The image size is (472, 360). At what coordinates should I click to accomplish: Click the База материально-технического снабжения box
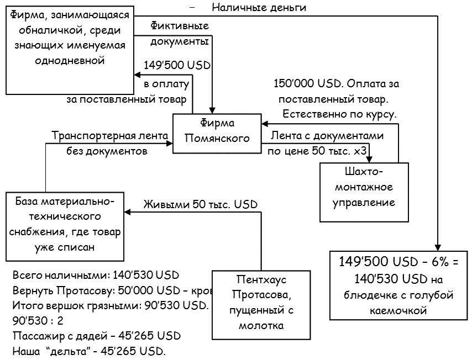(x=65, y=225)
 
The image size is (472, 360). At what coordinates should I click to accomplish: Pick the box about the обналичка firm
(x=69, y=49)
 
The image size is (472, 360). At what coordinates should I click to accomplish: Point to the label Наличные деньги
(x=259, y=8)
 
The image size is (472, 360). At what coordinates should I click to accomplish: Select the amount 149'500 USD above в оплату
(x=177, y=65)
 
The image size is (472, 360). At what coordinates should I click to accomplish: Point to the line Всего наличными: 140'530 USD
(x=96, y=275)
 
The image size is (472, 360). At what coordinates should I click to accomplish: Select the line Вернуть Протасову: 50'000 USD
(x=111, y=290)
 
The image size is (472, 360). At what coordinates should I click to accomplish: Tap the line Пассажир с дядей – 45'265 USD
(x=96, y=336)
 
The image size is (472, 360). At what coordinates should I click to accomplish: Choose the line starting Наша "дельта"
(x=89, y=351)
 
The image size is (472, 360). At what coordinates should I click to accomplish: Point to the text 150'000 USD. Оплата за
(x=337, y=84)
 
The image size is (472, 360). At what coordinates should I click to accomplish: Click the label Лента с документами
(x=327, y=135)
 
